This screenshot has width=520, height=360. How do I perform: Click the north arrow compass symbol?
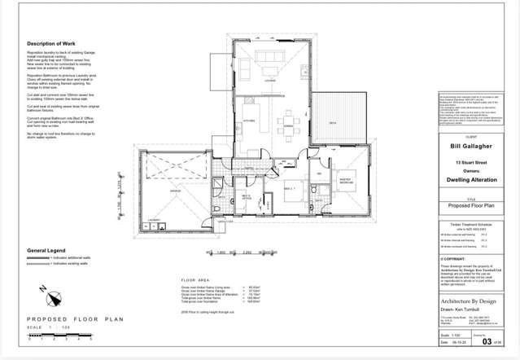(42, 291)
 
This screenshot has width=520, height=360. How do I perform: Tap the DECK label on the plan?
(332, 123)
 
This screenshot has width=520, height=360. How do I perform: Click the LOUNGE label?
(269, 79)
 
